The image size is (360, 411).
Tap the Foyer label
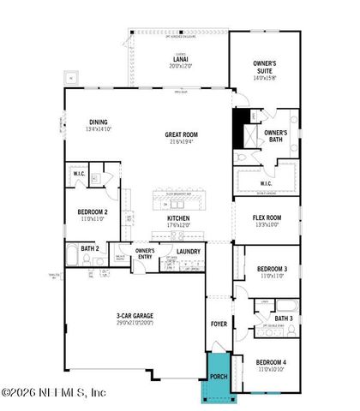tap(219, 325)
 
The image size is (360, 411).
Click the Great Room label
tap(182, 134)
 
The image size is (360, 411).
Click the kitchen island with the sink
tap(181, 202)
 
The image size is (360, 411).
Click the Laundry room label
tap(189, 251)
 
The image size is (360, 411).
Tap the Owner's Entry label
tap(145, 253)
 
